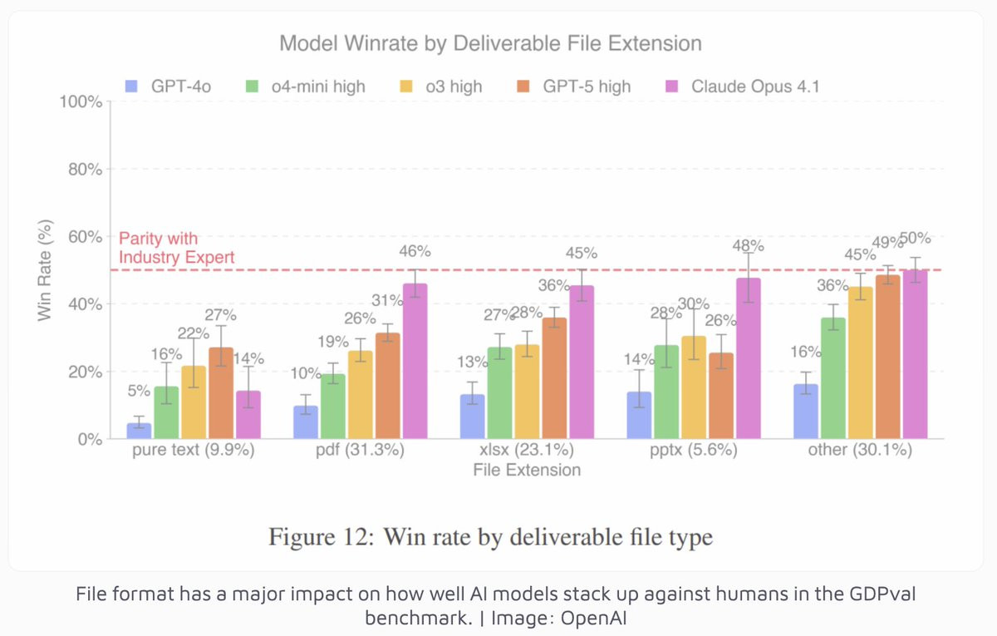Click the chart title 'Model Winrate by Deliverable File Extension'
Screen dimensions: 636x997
(490, 43)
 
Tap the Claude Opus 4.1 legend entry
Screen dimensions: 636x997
(748, 86)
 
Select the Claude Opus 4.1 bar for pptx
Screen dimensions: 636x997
(749, 358)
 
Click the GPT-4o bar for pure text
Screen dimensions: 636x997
(139, 431)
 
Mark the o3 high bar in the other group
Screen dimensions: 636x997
(860, 362)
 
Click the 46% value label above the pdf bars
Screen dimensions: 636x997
(415, 251)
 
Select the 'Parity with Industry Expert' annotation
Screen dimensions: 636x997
(176, 248)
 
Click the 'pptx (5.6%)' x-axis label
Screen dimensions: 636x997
(695, 451)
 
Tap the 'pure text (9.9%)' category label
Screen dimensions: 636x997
(194, 451)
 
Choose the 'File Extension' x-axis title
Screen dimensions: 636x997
(527, 471)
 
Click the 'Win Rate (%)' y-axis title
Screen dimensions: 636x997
(47, 269)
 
